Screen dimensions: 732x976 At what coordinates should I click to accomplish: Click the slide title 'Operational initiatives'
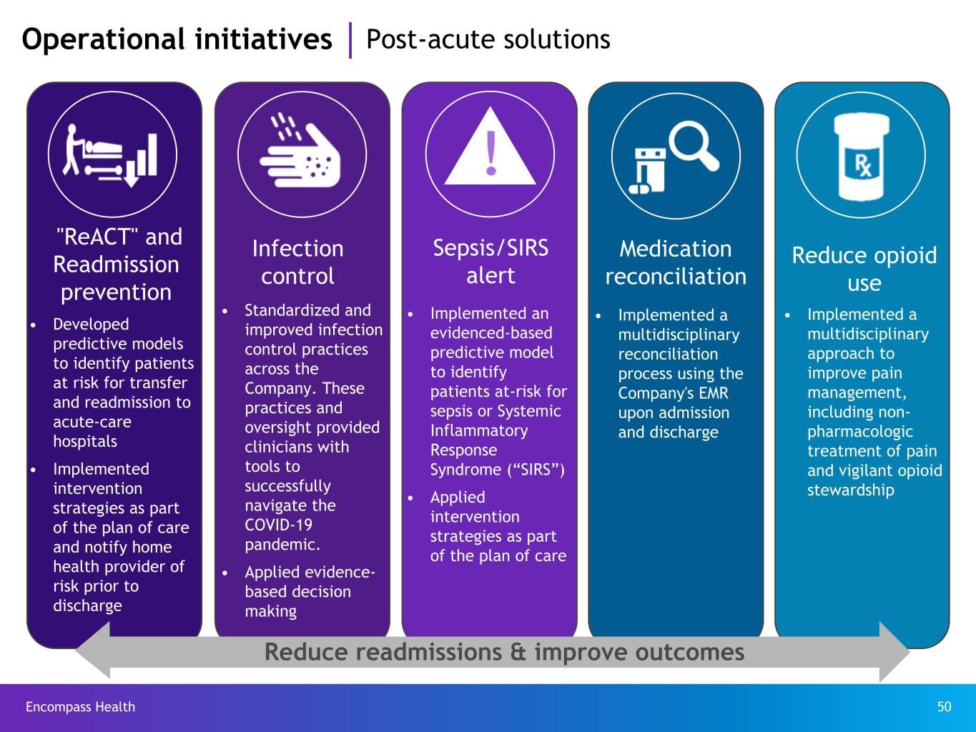[x=177, y=39]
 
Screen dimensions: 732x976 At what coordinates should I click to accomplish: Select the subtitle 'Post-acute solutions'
[x=488, y=39]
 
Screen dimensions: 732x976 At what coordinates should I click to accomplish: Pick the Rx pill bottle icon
[x=862, y=157]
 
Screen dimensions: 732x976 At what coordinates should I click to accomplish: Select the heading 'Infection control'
[x=297, y=262]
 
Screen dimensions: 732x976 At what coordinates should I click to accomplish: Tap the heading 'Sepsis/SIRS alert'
[x=491, y=262]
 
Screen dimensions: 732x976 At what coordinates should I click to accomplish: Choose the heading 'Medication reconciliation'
[x=676, y=262]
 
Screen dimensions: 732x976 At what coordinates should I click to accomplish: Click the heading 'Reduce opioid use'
[x=864, y=269]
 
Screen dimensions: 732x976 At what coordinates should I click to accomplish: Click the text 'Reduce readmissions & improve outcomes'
[x=504, y=652]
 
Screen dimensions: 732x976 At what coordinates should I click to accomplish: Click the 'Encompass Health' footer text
[x=80, y=707]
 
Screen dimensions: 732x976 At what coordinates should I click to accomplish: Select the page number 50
[x=944, y=707]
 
